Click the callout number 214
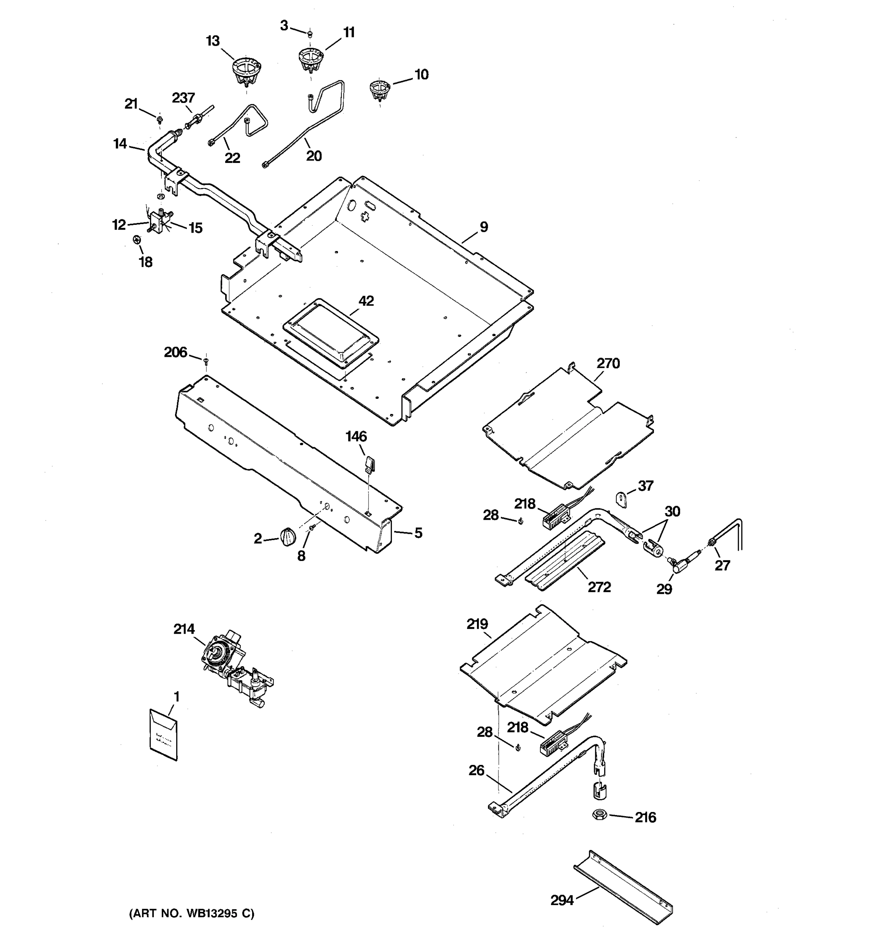tap(184, 629)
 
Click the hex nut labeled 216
tap(600, 815)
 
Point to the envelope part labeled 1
tap(163, 734)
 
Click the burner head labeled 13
tap(247, 71)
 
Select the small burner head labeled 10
tap(379, 89)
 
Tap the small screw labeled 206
tap(206, 362)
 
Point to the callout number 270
tap(608, 363)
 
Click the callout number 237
tap(183, 98)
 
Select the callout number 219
tap(477, 624)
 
